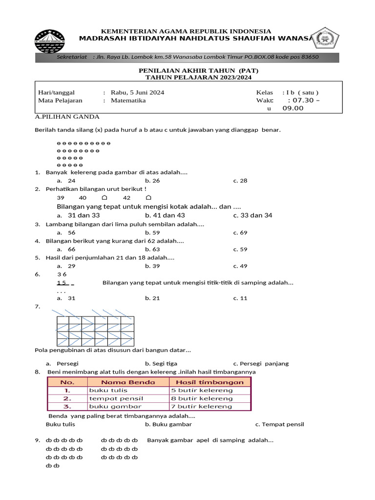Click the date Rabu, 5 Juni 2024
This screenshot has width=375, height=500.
click(137, 92)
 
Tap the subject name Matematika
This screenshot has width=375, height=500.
click(128, 101)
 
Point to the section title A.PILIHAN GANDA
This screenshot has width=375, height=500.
click(67, 117)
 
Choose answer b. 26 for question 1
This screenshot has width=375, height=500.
click(152, 181)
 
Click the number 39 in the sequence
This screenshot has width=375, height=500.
click(61, 198)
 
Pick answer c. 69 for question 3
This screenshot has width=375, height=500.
click(240, 232)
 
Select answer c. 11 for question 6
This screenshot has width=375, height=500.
click(240, 298)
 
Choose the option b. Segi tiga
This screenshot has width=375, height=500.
click(161, 363)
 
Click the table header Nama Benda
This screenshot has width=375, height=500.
click(128, 382)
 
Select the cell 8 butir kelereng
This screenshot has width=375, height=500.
click(202, 398)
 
